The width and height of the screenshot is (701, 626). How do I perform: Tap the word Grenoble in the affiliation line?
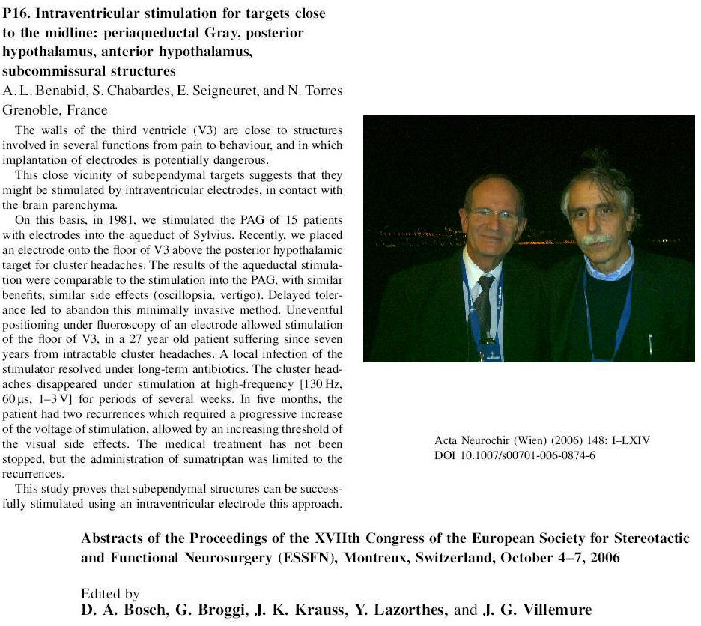(28, 111)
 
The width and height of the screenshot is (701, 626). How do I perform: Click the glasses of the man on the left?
(494, 215)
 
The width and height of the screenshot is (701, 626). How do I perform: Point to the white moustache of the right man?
(597, 239)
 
